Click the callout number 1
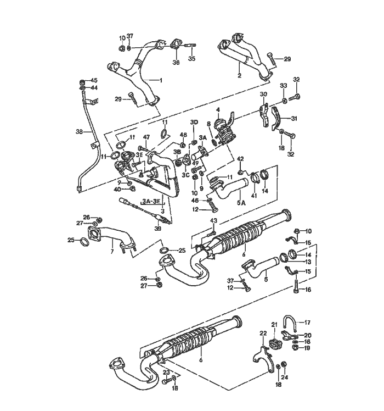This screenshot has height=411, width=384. (161, 81)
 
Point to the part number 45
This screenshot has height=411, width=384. (94, 81)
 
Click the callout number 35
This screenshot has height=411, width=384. (191, 58)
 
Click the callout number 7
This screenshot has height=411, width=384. (111, 252)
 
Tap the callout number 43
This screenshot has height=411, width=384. (213, 220)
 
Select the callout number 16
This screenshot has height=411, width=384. (308, 289)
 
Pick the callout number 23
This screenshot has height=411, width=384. (166, 372)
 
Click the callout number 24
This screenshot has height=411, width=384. (284, 377)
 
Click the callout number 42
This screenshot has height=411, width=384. (240, 159)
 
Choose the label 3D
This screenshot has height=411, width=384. (194, 121)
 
